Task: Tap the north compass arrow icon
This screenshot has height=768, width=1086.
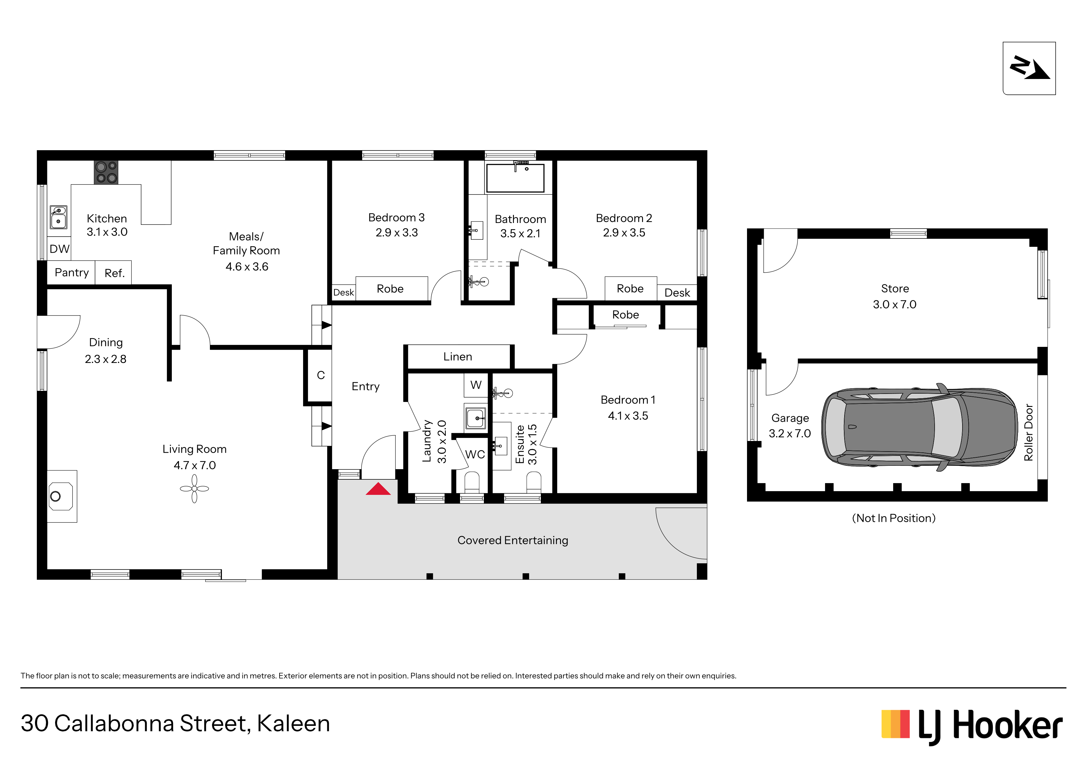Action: pyautogui.click(x=1029, y=68)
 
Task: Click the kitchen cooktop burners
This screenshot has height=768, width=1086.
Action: pyautogui.click(x=106, y=172)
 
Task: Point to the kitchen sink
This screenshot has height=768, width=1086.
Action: pyautogui.click(x=59, y=217)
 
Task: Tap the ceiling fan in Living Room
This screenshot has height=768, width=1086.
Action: pyautogui.click(x=194, y=489)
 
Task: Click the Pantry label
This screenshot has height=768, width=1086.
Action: pyautogui.click(x=72, y=273)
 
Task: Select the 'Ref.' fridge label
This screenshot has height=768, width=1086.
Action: pyautogui.click(x=115, y=273)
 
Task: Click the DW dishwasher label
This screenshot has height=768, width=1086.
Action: pyautogui.click(x=60, y=249)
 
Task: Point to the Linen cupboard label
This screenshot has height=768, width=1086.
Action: pyautogui.click(x=457, y=356)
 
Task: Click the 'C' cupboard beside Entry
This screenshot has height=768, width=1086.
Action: pyautogui.click(x=321, y=375)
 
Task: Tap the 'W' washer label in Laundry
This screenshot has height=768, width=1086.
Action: pyautogui.click(x=476, y=385)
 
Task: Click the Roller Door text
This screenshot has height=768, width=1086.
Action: pyautogui.click(x=1028, y=432)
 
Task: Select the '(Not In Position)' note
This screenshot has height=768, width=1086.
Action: pyautogui.click(x=893, y=518)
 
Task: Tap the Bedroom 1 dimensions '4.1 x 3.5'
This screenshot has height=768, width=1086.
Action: pyautogui.click(x=628, y=416)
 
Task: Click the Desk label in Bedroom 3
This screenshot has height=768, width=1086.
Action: pyautogui.click(x=343, y=292)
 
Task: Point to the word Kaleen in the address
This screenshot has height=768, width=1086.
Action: pyautogui.click(x=293, y=723)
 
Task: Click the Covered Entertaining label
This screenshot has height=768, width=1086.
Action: pyautogui.click(x=513, y=540)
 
